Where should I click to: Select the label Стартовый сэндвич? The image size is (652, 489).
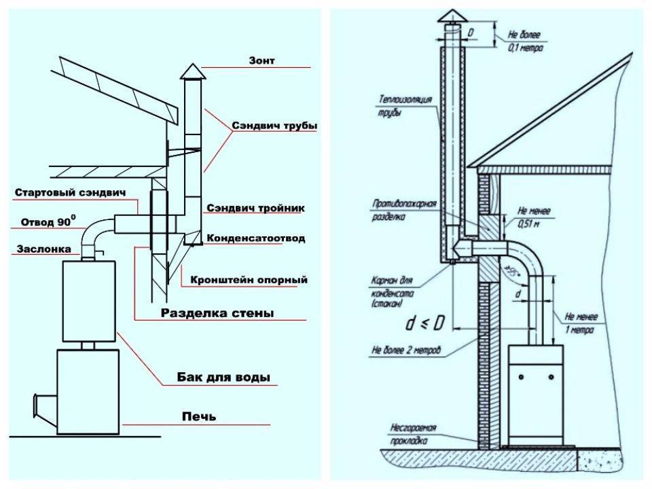[x=71, y=194]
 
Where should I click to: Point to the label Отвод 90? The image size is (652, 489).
[x=48, y=221]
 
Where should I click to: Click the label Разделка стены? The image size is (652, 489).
[x=217, y=314]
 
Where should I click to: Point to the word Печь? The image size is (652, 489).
[x=199, y=416]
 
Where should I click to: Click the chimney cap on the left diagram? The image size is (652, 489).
[x=193, y=71]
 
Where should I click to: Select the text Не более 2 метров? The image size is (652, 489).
[x=406, y=351]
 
